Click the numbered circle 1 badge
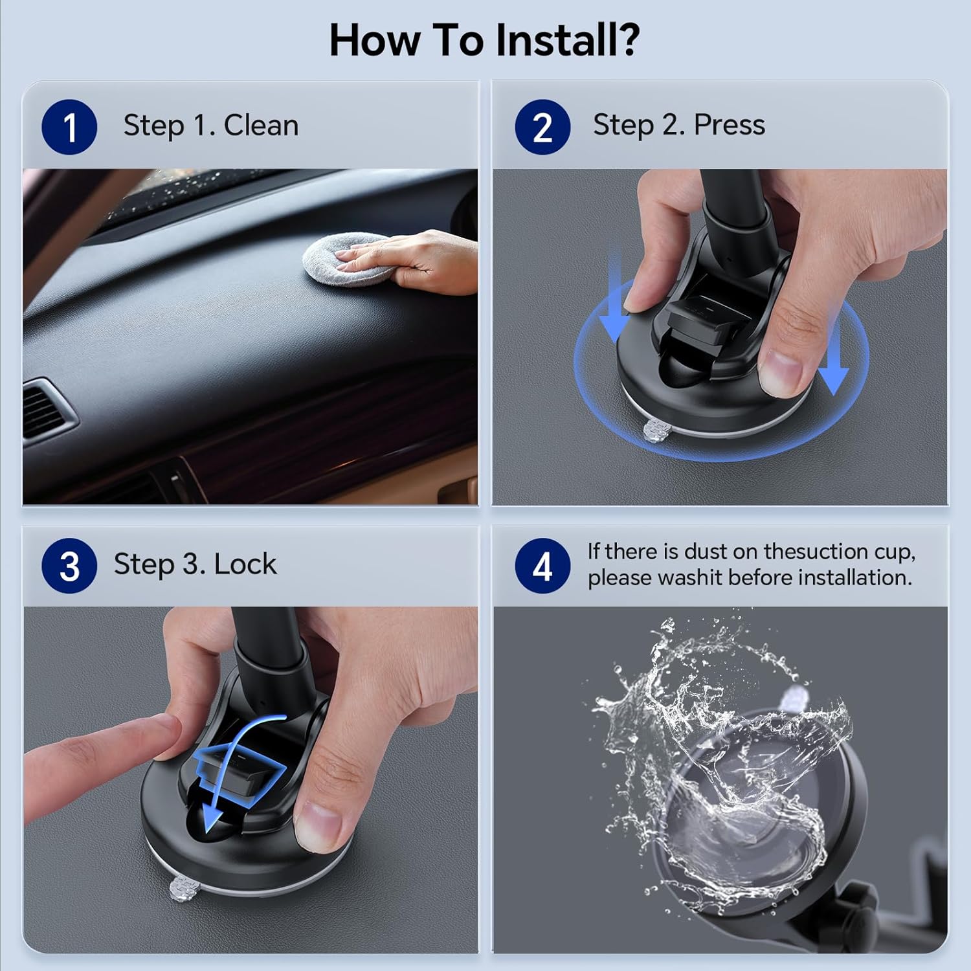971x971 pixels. (69, 127)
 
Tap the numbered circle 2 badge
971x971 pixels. (542, 127)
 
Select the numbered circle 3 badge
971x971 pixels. (69, 566)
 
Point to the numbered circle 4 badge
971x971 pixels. (542, 566)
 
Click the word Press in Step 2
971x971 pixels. (729, 124)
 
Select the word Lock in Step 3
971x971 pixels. (245, 564)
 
